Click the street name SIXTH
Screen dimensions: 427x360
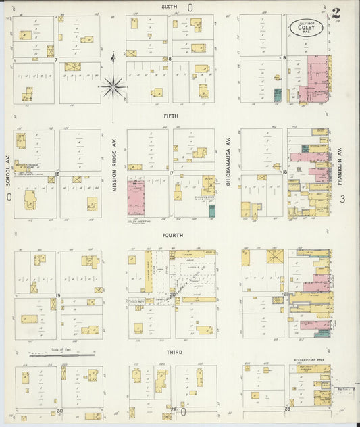170,6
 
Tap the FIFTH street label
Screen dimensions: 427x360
170,116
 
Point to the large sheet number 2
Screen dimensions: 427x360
336,13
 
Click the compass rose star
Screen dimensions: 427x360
113,86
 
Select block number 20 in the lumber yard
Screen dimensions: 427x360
172,295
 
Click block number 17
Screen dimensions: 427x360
172,174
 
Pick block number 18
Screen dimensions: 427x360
58,174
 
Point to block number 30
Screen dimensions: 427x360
59,410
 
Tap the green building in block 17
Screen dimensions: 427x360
212,211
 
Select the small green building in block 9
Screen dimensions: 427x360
277,94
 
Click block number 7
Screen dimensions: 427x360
56,59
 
